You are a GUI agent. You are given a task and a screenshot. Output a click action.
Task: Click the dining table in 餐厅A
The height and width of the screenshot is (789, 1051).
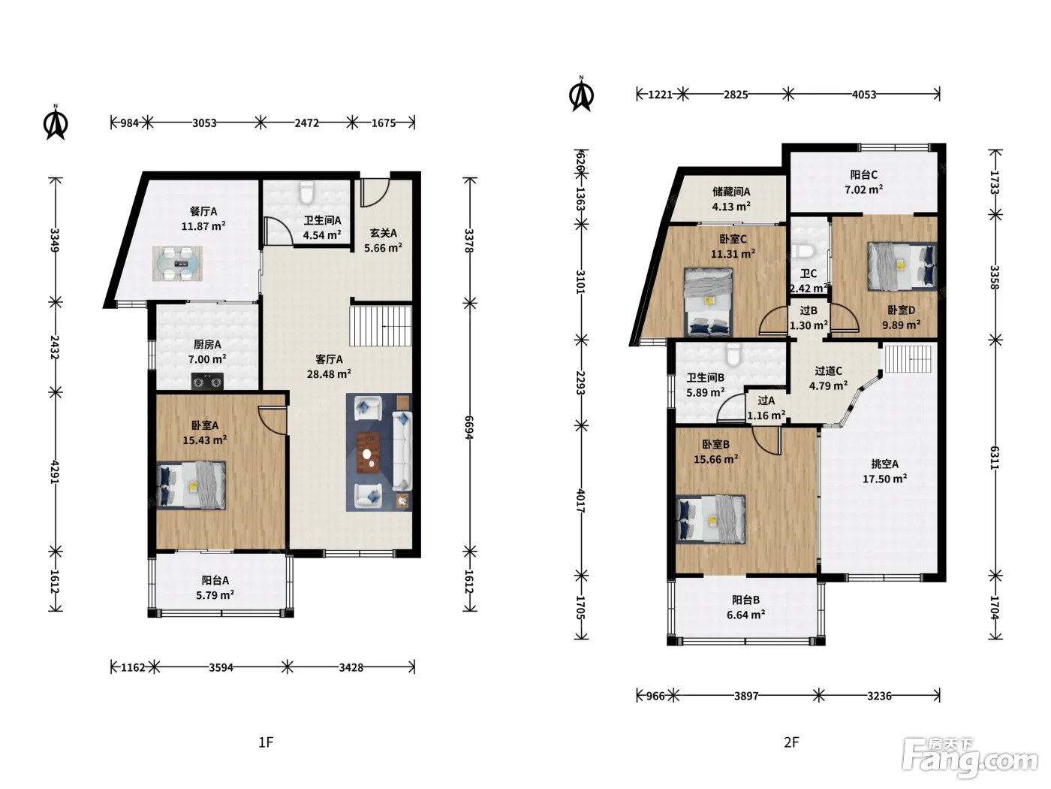coord(178,264)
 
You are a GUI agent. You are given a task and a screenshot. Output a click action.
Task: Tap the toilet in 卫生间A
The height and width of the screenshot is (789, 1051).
coord(306,192)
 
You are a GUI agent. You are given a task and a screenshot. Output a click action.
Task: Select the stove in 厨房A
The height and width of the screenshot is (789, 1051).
coord(208,381)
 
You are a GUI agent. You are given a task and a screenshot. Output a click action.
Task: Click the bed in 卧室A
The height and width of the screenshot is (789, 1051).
coord(191,485)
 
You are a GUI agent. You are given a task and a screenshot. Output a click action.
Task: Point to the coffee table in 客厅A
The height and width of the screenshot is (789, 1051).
coord(368,452)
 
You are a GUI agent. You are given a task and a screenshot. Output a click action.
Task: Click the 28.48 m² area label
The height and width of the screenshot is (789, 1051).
coord(329,373)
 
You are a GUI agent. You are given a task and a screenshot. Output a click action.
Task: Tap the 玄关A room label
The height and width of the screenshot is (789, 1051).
coord(383,233)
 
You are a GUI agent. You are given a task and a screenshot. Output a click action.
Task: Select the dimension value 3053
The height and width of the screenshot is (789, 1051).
coord(204,123)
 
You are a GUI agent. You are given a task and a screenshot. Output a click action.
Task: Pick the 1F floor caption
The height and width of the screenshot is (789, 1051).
coord(266,742)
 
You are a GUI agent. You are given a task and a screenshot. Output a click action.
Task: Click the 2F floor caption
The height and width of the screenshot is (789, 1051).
coord(791,742)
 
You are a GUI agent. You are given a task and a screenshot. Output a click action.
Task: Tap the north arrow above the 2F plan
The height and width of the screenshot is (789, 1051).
coord(581,95)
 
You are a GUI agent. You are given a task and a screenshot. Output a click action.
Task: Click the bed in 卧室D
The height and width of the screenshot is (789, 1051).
coord(902,266)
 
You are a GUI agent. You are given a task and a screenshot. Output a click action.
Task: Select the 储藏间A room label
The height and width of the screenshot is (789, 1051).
coord(731,192)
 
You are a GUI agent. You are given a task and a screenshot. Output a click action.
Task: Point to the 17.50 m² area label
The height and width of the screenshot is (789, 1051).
coord(884,479)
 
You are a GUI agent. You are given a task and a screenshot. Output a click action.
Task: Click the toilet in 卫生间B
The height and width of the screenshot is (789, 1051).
coord(733,355)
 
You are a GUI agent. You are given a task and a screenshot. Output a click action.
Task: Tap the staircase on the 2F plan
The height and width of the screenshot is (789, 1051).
coord(908,358)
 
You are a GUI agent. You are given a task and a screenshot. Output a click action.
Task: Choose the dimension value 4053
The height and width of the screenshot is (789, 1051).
coord(864,95)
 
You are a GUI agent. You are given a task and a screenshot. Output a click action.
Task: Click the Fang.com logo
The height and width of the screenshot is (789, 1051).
coord(969,758)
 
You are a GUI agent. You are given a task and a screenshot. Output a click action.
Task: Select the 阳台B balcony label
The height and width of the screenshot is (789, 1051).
coord(745,600)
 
